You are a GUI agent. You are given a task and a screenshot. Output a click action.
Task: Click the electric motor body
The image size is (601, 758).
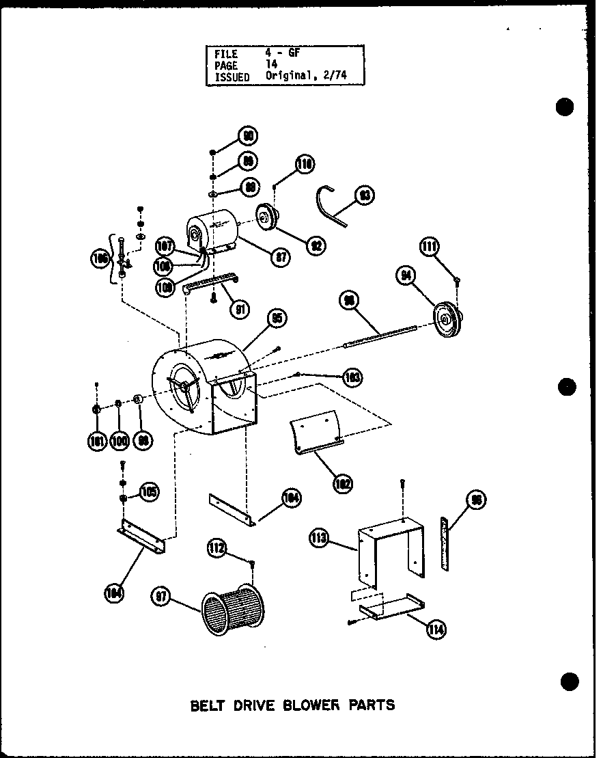coord(213,232)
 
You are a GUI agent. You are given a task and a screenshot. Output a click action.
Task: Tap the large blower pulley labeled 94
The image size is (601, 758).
coord(447,319)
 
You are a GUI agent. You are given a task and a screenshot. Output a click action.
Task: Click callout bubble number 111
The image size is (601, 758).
coord(430,247)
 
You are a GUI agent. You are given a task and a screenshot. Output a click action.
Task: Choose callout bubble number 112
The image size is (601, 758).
coord(218,547)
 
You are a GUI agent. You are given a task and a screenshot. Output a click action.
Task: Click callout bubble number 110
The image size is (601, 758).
coord(305,164)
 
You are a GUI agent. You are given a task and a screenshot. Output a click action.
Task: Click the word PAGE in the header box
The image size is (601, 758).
coord(225,66)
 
